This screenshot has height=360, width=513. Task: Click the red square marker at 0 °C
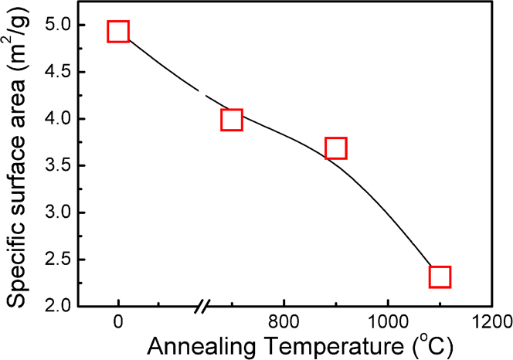[118, 32]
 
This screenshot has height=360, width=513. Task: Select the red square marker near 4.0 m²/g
[232, 119]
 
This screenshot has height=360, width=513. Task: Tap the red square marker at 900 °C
[335, 148]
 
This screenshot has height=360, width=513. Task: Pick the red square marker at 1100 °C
[440, 277]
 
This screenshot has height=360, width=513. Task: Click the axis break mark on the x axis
[202, 307]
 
